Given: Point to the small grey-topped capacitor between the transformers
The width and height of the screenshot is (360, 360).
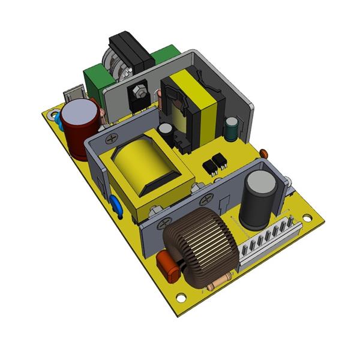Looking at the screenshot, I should click(165, 129).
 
